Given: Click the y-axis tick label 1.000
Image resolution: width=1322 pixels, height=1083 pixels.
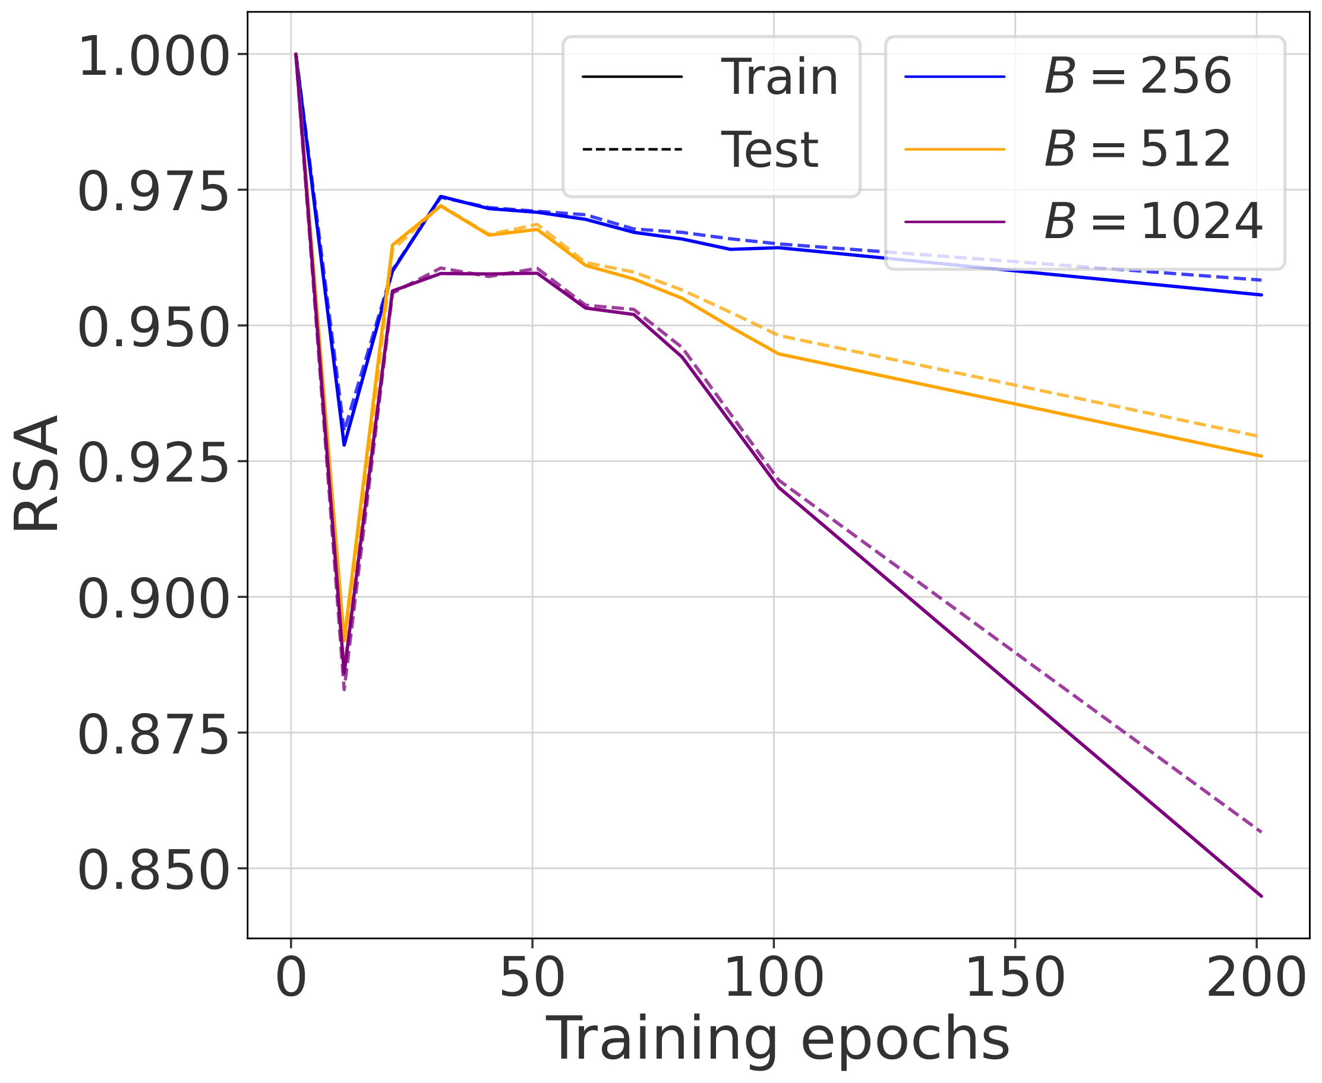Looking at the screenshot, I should [153, 57].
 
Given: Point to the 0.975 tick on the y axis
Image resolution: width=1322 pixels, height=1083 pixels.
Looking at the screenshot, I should [153, 192].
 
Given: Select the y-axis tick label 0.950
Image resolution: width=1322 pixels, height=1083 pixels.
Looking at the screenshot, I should [153, 328].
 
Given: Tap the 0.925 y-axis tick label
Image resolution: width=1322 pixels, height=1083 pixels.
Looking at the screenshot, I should [153, 464].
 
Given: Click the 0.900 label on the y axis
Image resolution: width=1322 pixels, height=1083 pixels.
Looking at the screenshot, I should [153, 600].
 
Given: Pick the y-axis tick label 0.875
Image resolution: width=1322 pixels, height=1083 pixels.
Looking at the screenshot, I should [153, 735].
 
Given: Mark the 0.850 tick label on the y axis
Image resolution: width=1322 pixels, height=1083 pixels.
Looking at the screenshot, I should [153, 871].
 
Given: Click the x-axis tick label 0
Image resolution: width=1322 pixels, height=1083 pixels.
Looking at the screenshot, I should [291, 977].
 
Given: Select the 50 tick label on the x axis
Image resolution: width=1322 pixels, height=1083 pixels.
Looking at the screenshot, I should [532, 977].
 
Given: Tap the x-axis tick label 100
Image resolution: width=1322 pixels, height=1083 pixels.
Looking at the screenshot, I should [774, 977].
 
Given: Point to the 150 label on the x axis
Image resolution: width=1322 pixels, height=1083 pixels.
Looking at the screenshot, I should [1015, 977].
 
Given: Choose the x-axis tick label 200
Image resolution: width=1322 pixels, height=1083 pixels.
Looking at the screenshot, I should [1256, 977].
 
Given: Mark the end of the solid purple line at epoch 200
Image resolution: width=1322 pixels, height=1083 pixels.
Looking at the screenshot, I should [1261, 897].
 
